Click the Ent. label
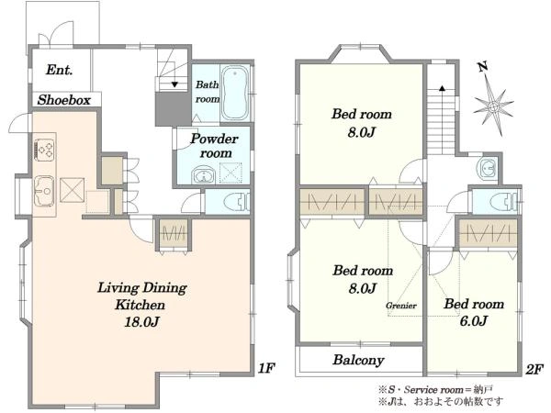pos(60,70)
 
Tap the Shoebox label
pos(64,100)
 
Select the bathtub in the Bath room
pos(235,93)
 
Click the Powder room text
pos(214,146)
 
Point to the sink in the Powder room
pos(203,175)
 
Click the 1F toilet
pos(237,202)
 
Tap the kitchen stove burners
pos(45,150)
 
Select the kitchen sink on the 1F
pos(44,191)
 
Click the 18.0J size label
pos(141,321)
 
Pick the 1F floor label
pos(266,368)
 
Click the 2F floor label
pos(534,369)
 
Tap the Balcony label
pos(358,361)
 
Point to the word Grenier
pos(401,306)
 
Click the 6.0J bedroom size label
pos(474,320)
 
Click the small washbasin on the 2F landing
pos(488,169)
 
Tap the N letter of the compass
pos(483,66)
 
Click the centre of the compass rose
pos(493,106)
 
